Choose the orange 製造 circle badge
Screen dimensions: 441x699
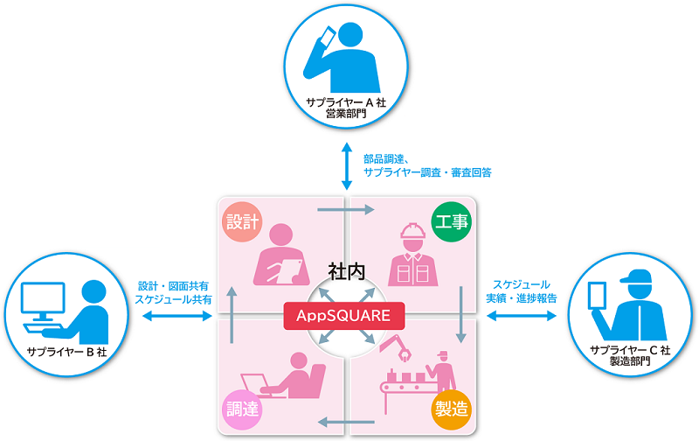pyautogui.click(x=452, y=407)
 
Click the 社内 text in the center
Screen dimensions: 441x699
pyautogui.click(x=347, y=270)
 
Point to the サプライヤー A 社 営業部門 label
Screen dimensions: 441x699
pyautogui.click(x=348, y=108)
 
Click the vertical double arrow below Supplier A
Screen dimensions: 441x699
pyautogui.click(x=348, y=166)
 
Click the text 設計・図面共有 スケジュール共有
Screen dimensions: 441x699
pyautogui.click(x=173, y=292)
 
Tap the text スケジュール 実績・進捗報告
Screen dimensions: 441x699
pyautogui.click(x=521, y=292)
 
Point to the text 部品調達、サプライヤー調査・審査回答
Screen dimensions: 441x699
pyautogui.click(x=427, y=166)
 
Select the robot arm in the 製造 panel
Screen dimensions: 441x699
pyautogui.click(x=397, y=351)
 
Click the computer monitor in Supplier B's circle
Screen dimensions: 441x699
pyautogui.click(x=40, y=301)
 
